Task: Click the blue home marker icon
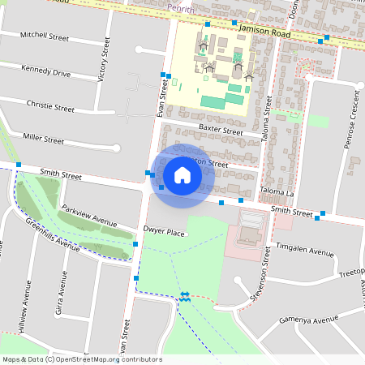182,174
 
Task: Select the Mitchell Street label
45,36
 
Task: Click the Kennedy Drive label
46,71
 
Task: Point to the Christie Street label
50,106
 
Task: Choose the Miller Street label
44,140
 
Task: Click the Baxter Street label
221,130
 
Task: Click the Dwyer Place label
165,234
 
